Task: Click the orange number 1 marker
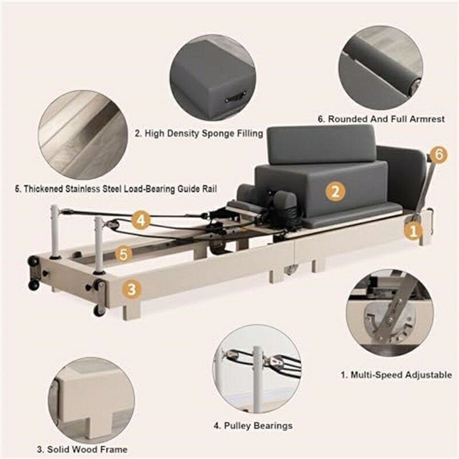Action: pyautogui.click(x=413, y=232)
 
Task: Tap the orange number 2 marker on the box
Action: pyautogui.click(x=335, y=192)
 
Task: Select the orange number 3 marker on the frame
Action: pyautogui.click(x=132, y=289)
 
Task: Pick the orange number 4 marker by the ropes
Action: pyautogui.click(x=141, y=220)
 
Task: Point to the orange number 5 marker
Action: pyautogui.click(x=124, y=254)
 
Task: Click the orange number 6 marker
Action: pyautogui.click(x=439, y=154)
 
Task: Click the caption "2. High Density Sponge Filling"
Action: pyautogui.click(x=199, y=134)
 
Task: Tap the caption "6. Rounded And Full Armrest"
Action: pyautogui.click(x=381, y=119)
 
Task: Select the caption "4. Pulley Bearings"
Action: pyautogui.click(x=253, y=425)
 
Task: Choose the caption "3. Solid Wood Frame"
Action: pyautogui.click(x=82, y=449)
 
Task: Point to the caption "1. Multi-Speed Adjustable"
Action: pyautogui.click(x=396, y=375)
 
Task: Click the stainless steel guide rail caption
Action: pyautogui.click(x=116, y=189)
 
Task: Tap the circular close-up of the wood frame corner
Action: pyautogui.click(x=91, y=401)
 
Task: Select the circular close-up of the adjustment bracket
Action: pyautogui.click(x=390, y=313)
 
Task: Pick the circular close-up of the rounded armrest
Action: pyautogui.click(x=381, y=68)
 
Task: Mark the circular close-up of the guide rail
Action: pyautogui.click(x=83, y=135)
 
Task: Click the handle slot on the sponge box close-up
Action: pyautogui.click(x=235, y=97)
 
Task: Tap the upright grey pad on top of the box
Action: pyautogui.click(x=322, y=144)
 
